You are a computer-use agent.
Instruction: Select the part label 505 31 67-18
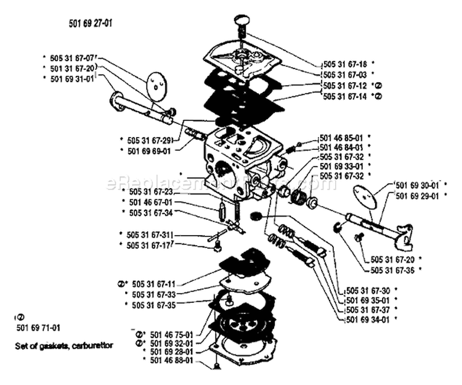click(x=344, y=64)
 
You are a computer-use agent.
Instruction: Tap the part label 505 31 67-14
click(x=344, y=97)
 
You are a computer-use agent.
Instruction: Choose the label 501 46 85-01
click(x=342, y=138)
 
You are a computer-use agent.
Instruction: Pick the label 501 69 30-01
click(x=417, y=185)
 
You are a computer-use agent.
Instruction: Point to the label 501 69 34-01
click(x=367, y=319)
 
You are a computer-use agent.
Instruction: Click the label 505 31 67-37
click(x=367, y=309)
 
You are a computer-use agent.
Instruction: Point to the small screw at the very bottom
click(x=216, y=367)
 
